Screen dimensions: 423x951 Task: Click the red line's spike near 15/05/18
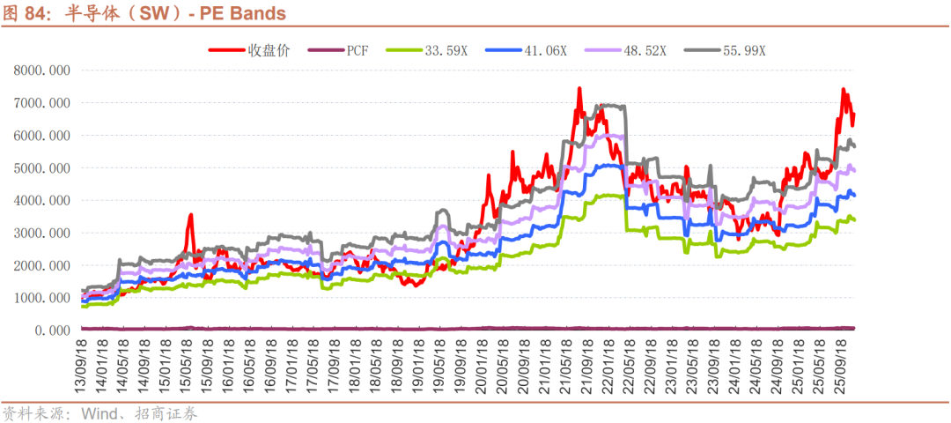coord(190,215)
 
